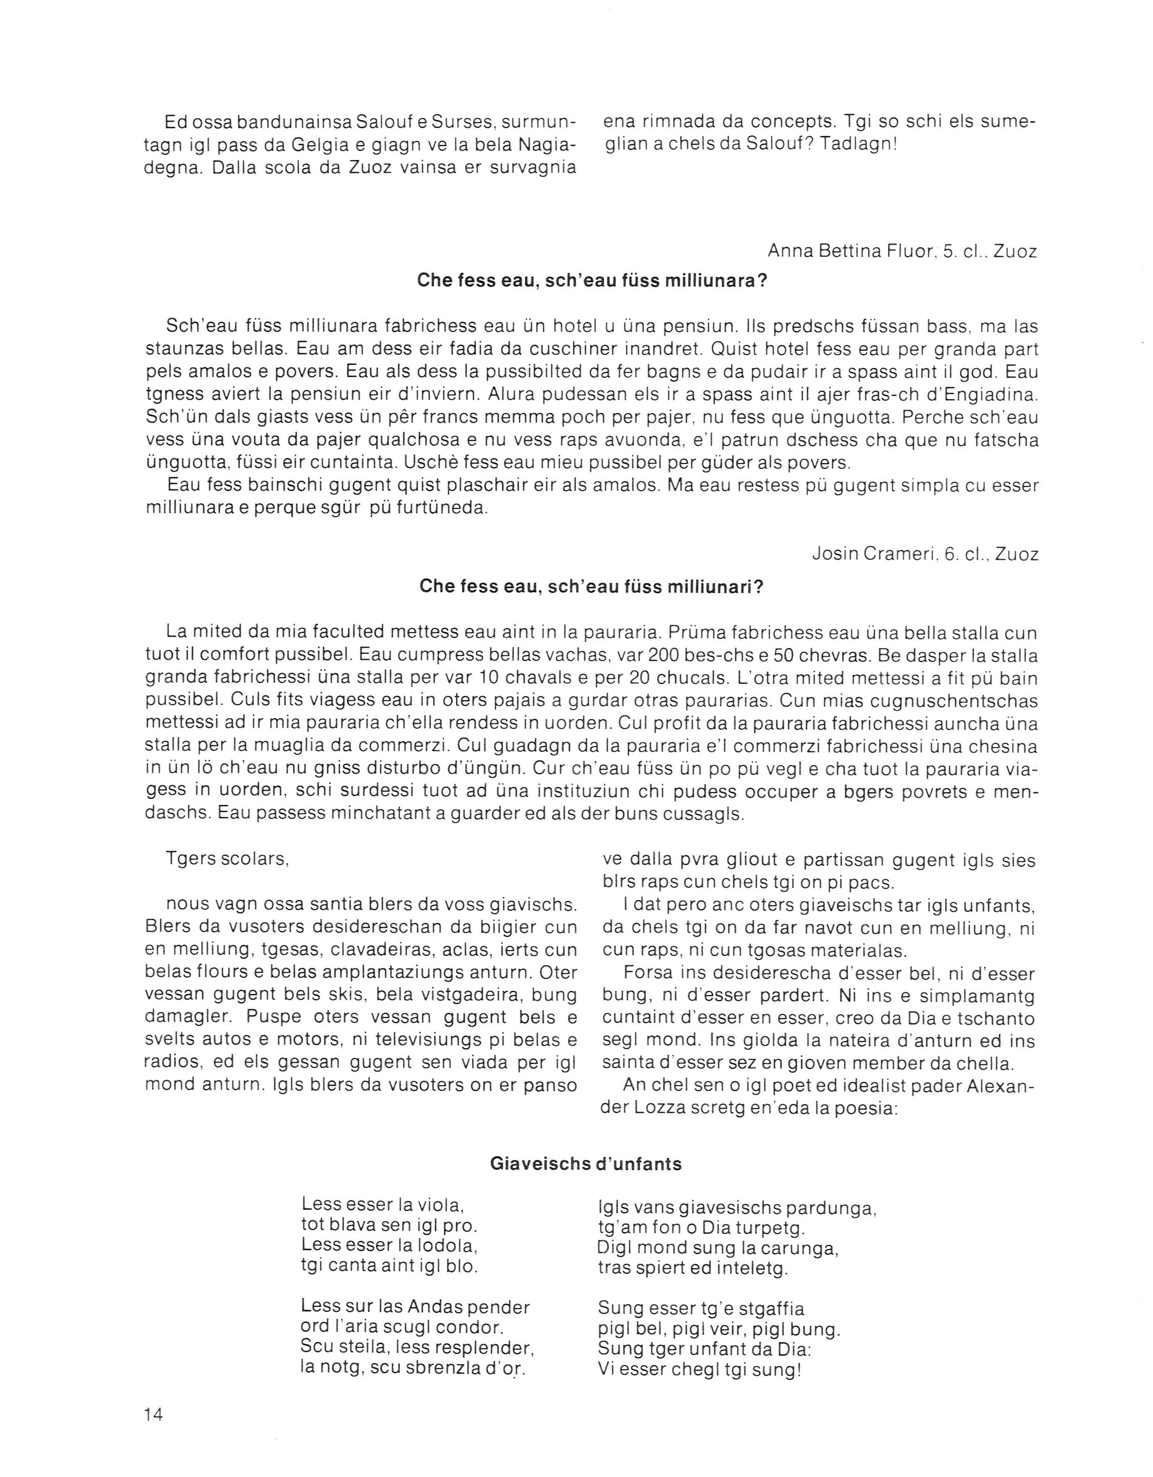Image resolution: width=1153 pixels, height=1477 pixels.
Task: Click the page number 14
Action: point(153,1414)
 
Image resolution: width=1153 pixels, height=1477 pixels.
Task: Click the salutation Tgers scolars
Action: point(227,860)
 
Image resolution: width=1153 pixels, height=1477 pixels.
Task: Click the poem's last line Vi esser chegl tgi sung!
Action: point(700,1370)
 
